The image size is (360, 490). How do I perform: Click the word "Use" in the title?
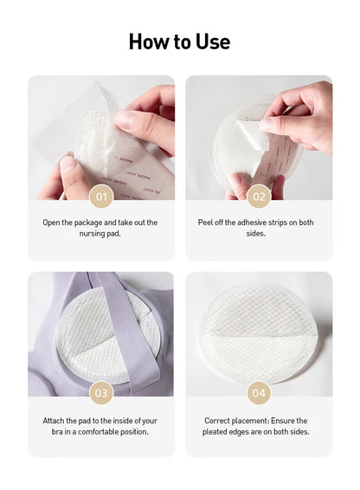[213, 42]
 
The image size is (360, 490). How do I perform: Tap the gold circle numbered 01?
[101, 197]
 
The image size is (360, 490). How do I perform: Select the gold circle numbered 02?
[259, 197]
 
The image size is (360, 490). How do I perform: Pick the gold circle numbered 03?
[101, 393]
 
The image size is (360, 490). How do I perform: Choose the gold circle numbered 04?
[259, 393]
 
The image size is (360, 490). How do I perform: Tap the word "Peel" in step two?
[205, 222]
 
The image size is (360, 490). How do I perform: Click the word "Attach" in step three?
[54, 421]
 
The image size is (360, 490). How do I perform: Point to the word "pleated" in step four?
[214, 432]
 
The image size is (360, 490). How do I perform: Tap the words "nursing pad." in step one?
[100, 234]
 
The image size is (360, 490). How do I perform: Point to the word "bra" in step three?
[57, 431]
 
